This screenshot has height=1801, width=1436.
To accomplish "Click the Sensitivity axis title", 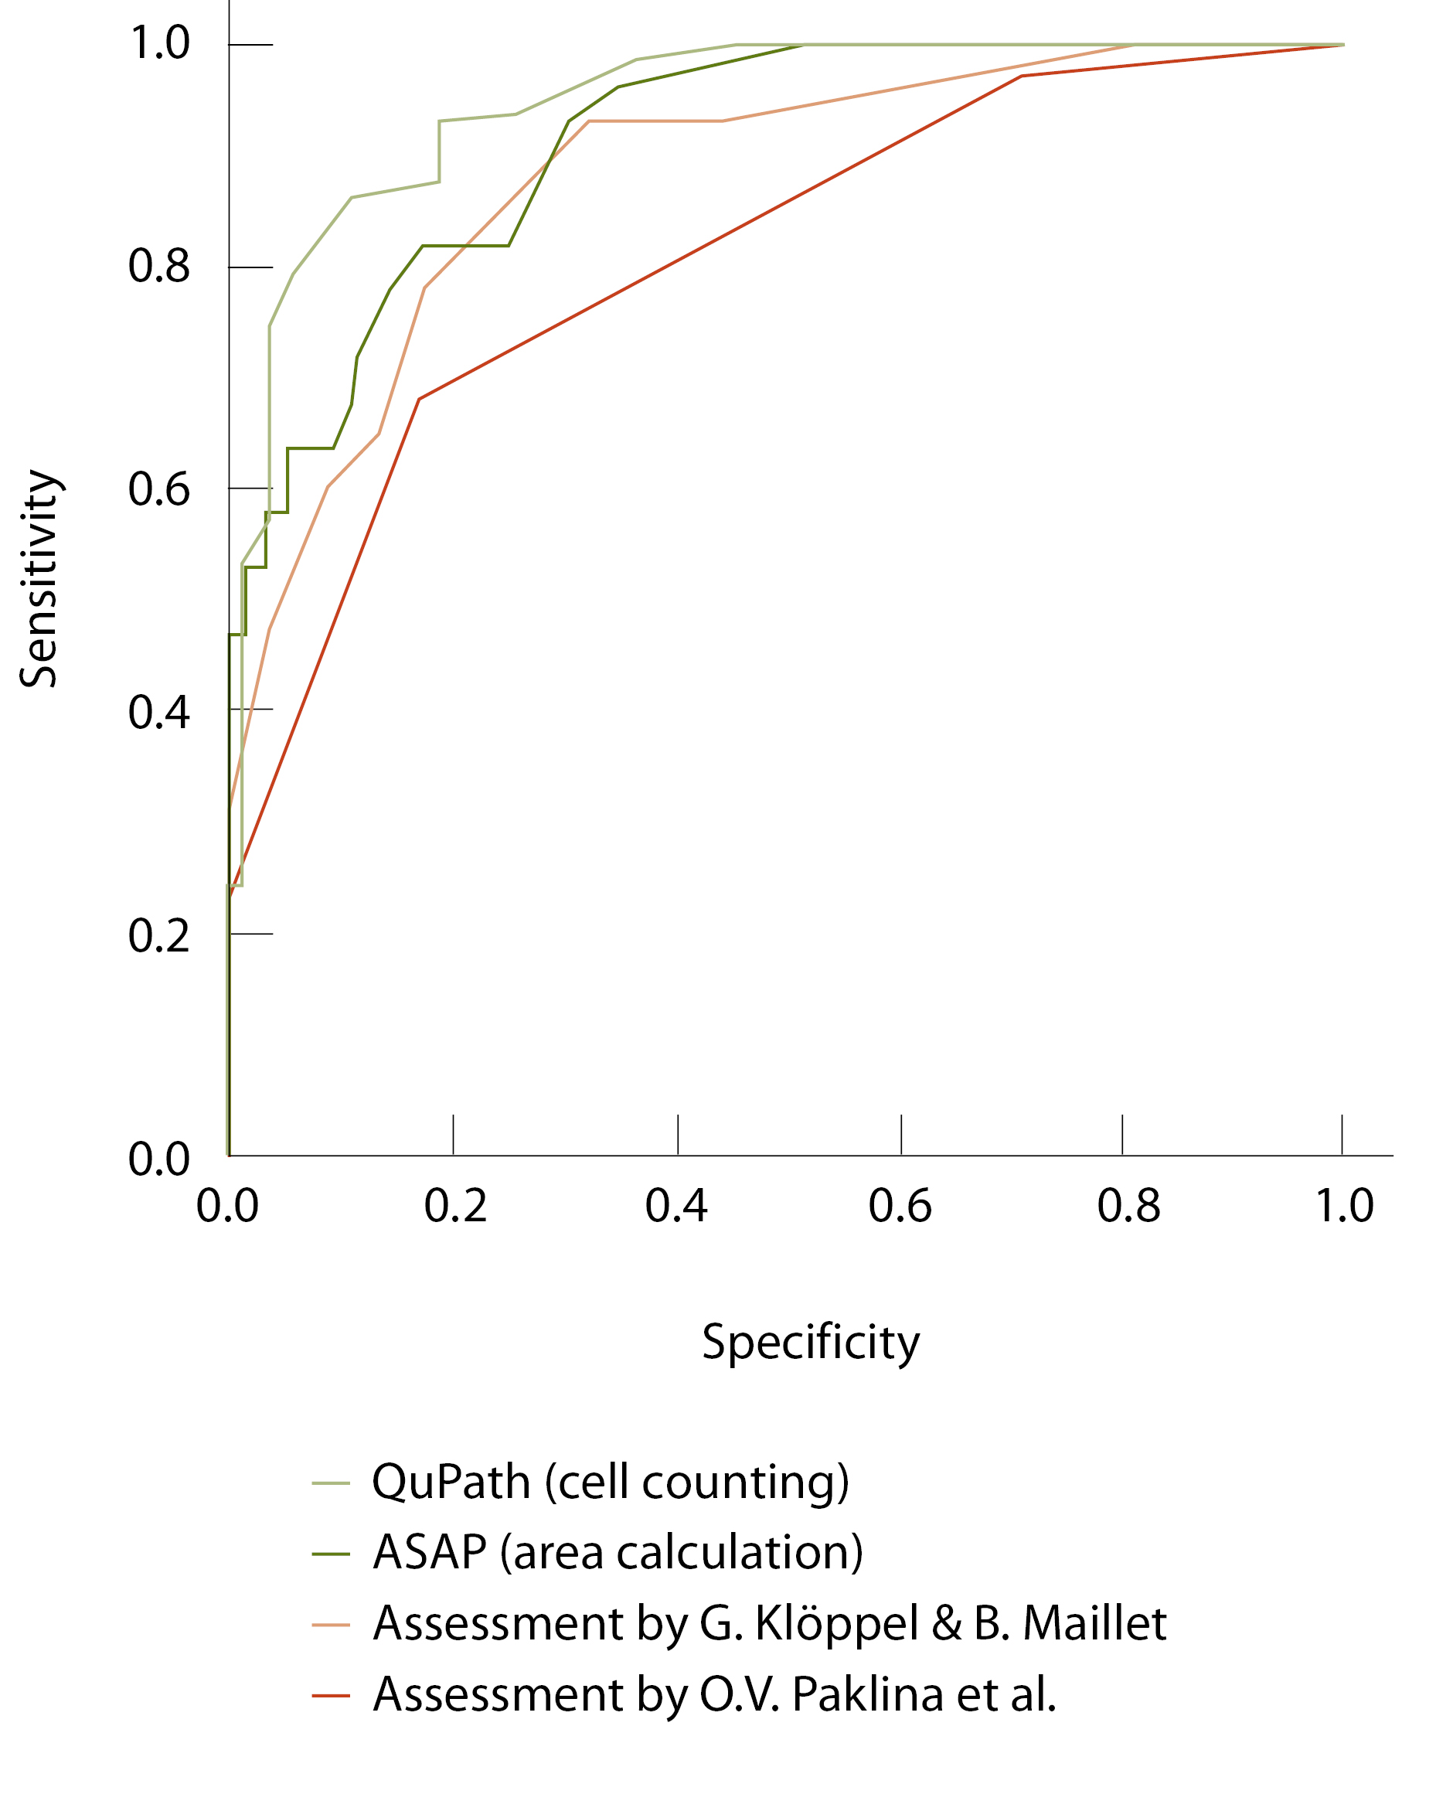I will [x=39, y=578].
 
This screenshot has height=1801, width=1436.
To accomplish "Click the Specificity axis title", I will [x=809, y=1343].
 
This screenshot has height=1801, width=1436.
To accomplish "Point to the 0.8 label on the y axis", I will [x=158, y=267].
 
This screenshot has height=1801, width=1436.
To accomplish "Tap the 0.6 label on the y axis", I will [x=158, y=489].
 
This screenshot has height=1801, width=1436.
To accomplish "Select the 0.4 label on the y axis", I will [x=158, y=713].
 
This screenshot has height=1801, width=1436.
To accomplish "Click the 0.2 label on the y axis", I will [x=158, y=935].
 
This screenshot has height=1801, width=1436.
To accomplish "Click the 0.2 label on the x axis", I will [x=454, y=1205].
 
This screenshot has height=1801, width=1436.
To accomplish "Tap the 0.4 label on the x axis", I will [x=675, y=1205].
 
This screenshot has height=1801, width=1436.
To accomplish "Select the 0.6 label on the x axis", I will [x=900, y=1205].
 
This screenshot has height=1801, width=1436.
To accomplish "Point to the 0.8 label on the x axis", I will [x=1128, y=1205].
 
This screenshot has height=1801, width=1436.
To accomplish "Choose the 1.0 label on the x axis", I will [x=1344, y=1205].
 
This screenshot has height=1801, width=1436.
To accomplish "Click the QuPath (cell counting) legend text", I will [x=610, y=1483].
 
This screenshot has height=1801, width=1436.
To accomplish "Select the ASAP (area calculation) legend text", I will [x=618, y=1553].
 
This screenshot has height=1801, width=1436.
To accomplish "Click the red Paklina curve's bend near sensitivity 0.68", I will [x=420, y=400].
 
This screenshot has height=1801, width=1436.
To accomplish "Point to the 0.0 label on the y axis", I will [x=158, y=1159].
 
